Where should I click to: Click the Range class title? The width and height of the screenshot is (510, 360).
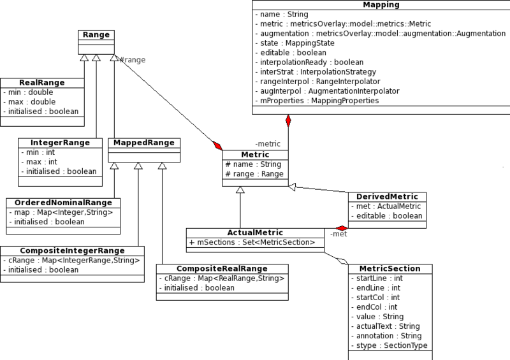tap(96, 35)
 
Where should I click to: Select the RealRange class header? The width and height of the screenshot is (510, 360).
tap(42, 83)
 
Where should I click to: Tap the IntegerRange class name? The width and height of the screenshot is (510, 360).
tap(60, 143)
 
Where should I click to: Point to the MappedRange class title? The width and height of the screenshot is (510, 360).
tap(144, 143)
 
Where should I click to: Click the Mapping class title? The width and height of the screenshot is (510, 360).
tap(381, 4)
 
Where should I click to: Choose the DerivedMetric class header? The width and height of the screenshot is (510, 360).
tap(387, 197)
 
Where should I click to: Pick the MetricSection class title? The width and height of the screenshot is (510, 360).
tap(390, 269)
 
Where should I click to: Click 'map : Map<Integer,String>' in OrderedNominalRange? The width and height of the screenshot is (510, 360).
tap(61, 212)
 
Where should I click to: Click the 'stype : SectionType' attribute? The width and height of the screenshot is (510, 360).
tap(390, 345)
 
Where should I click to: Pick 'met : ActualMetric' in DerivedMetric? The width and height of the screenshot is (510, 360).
tap(386, 206)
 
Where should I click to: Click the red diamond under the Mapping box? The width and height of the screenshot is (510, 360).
tap(288, 120)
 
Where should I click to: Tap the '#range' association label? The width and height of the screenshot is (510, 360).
tap(133, 60)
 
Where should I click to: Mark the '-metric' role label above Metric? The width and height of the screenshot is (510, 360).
tap(268, 144)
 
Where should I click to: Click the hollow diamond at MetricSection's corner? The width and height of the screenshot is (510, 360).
tap(342, 261)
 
